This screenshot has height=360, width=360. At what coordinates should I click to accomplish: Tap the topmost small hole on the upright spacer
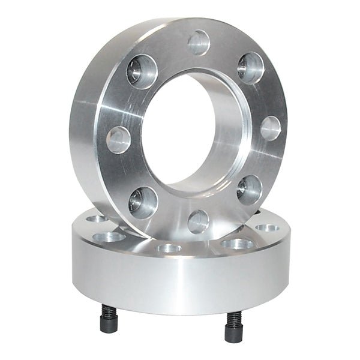pos(199,43)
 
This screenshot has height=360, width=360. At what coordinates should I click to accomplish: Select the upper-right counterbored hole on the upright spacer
pos(250,67)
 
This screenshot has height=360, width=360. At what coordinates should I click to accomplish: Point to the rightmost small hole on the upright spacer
pos(271,128)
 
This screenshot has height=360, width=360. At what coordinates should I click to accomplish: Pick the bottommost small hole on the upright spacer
pos(198,221)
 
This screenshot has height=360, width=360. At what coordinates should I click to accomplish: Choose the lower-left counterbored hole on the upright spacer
pos(143,202)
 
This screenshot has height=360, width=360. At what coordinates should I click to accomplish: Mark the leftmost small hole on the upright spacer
pos(118,139)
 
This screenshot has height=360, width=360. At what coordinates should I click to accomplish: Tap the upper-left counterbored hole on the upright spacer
pos(142,71)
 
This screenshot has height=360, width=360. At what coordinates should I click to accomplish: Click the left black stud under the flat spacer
pos(109,318)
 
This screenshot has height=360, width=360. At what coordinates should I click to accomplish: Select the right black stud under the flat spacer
pos(233,327)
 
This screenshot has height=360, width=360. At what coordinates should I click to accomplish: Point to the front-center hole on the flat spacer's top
pos(169,248)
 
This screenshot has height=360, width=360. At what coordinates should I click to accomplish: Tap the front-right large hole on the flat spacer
pos(238,244)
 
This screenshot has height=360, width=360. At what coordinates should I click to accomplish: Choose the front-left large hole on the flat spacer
pos(110,237)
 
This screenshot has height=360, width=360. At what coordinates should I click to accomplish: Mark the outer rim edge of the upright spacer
pos(84,120)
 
